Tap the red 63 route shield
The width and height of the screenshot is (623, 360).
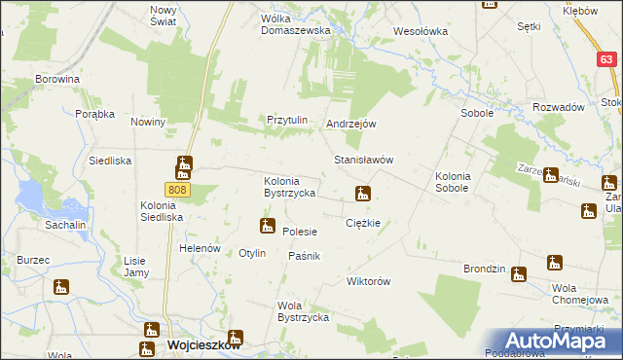605,59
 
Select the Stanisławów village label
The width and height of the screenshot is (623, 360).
363,160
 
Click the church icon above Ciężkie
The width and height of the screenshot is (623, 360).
363,195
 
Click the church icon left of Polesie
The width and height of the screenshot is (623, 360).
266,227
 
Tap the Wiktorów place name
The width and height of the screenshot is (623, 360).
368,282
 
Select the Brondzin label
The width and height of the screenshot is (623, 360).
484,268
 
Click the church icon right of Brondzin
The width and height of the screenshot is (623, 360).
519,273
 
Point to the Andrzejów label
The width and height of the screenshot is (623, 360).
351,125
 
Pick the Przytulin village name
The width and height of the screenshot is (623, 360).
288,120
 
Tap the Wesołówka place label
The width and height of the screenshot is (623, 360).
420,31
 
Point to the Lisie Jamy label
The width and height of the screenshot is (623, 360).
134,267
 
